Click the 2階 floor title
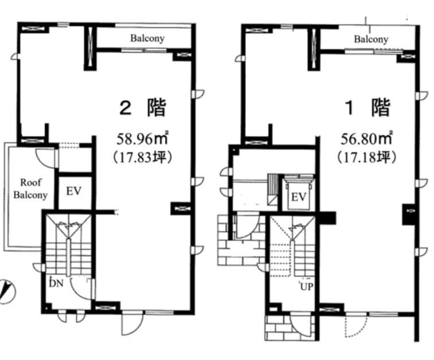tap(142, 107)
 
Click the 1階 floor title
tap(367, 107)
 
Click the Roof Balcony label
tap(30, 189)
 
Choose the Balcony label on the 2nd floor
tap(147, 38)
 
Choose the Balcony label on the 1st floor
tap(371, 39)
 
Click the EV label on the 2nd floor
tap(73, 191)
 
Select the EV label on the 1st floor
tap(299, 197)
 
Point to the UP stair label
tap(306, 287)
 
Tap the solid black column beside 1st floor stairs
tap(328, 217)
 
